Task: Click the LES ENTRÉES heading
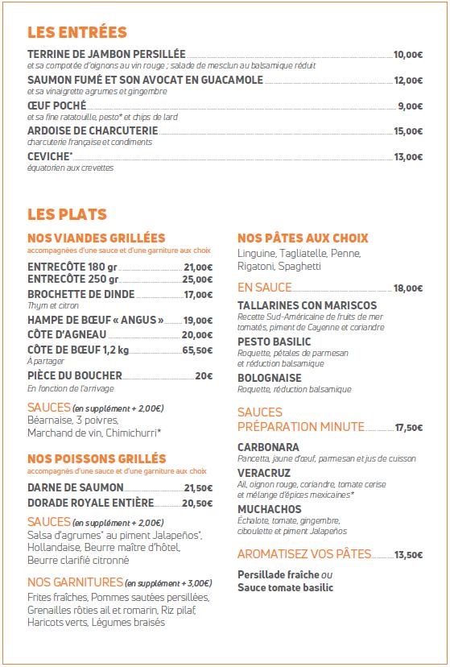point(77,32)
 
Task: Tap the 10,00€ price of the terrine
point(407,55)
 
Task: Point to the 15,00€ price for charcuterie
point(407,131)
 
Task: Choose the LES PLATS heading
point(67,214)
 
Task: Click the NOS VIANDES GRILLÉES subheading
point(96,238)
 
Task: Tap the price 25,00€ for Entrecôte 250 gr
point(198,280)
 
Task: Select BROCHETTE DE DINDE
point(81,295)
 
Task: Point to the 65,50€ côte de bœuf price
point(198,350)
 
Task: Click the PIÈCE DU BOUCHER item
point(75,375)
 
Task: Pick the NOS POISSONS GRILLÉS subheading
point(97,459)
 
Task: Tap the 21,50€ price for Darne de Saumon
point(198,488)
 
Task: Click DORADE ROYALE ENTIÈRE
point(90,503)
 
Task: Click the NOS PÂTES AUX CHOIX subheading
point(303,238)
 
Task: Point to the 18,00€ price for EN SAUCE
point(407,288)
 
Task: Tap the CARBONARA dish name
point(269,447)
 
